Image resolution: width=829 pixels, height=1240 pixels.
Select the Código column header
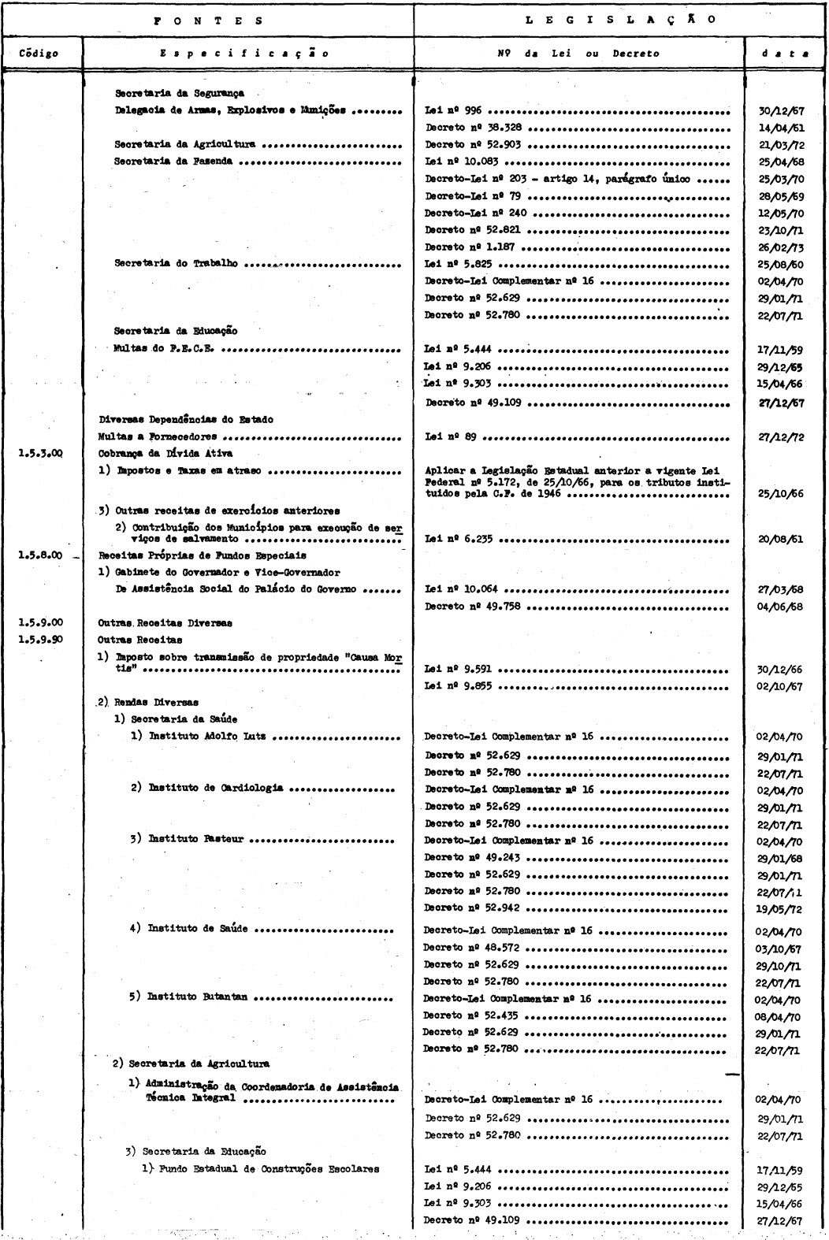point(41,54)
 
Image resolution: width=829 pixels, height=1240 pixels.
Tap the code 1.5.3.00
point(40,453)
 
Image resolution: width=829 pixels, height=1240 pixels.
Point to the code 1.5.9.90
point(40,640)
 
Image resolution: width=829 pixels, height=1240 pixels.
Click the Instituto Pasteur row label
point(197,840)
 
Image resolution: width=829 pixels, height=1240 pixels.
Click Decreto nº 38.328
point(471,128)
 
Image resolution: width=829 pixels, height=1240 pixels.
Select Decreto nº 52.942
point(471,908)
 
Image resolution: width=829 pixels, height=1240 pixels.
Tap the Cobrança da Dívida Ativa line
point(154,453)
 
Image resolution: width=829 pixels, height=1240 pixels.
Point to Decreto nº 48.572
point(471,948)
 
